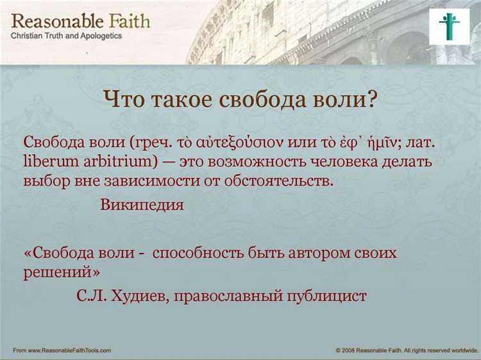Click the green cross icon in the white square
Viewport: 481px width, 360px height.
point(449,26)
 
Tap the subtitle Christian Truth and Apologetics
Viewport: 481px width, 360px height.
point(66,36)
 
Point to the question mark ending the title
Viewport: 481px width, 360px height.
point(371,100)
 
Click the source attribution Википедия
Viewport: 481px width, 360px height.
point(142,205)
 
